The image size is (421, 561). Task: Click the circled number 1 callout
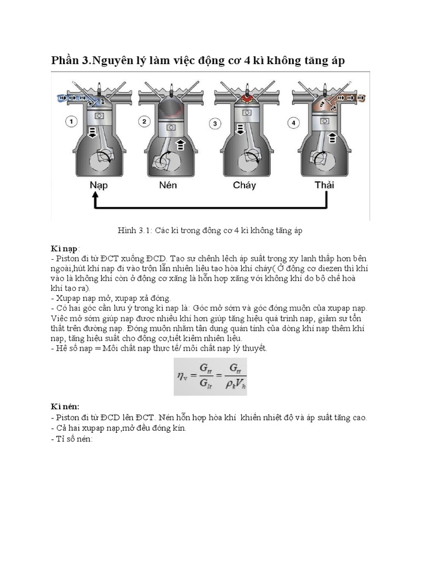pos(71,122)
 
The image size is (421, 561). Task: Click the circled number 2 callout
pos(144,122)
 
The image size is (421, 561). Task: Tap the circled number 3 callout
pos(215,124)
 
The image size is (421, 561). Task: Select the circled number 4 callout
pos(294,123)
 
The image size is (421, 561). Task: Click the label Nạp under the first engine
pos(99,185)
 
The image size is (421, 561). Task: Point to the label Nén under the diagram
pos(172,185)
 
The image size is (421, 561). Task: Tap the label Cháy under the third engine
pos(244,185)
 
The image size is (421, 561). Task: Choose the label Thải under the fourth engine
pos(324,185)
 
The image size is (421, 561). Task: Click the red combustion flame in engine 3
pos(244,100)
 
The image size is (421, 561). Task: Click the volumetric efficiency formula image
pos(210,376)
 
